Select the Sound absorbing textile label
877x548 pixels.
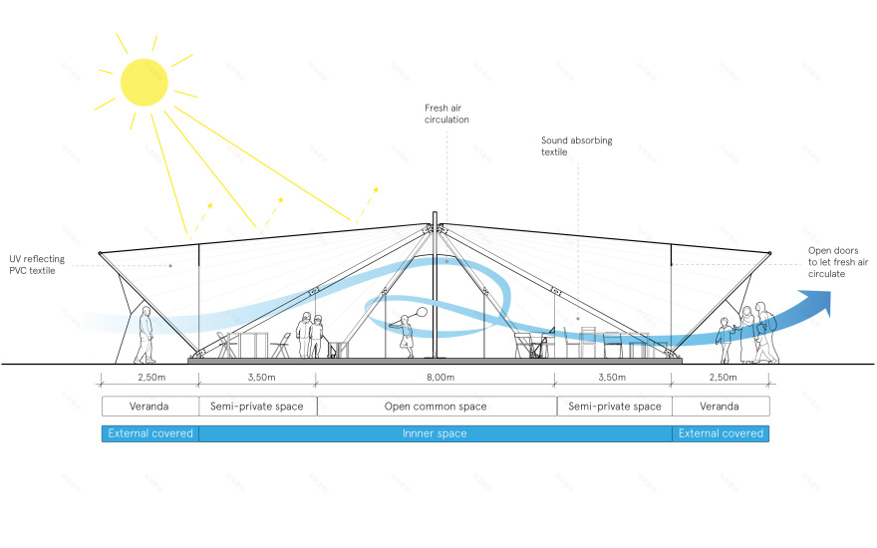(577, 146)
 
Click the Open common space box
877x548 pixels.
(437, 407)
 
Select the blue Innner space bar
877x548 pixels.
(435, 433)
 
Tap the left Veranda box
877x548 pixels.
(150, 407)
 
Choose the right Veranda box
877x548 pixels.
(721, 407)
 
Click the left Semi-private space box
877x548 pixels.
(258, 407)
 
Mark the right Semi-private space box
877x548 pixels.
(614, 407)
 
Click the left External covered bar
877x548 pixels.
(150, 433)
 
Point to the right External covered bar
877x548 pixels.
(721, 433)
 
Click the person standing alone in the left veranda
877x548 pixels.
(146, 334)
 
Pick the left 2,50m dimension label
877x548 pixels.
(149, 378)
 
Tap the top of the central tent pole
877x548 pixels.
(435, 216)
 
